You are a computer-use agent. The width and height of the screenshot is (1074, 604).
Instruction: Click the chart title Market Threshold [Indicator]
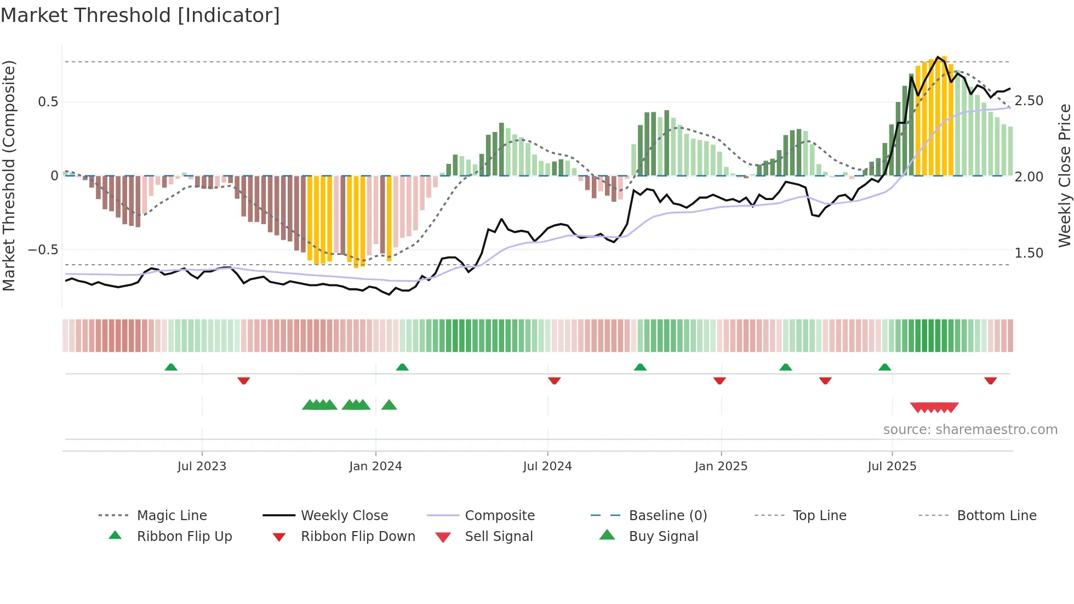(140, 15)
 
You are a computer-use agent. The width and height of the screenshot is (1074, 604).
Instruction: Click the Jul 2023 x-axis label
(202, 466)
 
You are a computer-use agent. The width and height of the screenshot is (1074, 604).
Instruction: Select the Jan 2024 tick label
(375, 466)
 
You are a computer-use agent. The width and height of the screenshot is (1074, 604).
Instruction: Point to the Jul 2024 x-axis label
(547, 466)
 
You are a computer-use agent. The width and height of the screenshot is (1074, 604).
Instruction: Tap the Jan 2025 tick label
(721, 466)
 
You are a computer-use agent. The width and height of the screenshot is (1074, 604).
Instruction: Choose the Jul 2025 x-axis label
(892, 466)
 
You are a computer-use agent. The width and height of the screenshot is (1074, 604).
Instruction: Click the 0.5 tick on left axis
(48, 102)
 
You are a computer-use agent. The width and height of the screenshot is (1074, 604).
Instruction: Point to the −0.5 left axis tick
(43, 250)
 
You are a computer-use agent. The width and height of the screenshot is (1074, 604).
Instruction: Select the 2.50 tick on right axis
(1029, 101)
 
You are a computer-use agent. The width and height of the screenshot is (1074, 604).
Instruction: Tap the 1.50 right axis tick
(1029, 253)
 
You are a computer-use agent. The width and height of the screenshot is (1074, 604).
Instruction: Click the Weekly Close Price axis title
(1064, 175)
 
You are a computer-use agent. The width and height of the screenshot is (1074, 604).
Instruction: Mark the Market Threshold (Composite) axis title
(9, 175)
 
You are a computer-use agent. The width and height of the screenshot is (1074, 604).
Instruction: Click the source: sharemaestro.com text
(970, 430)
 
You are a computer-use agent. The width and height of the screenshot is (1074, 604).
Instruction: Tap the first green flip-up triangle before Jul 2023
(171, 367)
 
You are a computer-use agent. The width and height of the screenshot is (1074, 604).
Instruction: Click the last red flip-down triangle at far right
(990, 380)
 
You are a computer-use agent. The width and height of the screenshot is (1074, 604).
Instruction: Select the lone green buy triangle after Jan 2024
(389, 405)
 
